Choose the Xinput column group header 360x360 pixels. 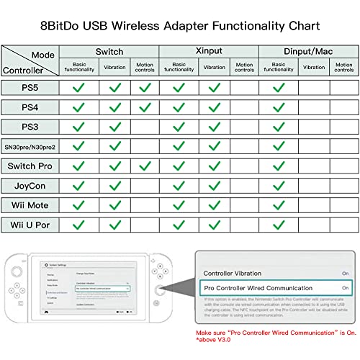tap(209, 52)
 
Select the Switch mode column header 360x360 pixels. tap(109, 52)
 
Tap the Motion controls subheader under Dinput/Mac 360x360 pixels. tap(345, 68)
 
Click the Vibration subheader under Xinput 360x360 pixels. tap(214, 68)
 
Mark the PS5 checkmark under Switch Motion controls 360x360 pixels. tap(145, 88)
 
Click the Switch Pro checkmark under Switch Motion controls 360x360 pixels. tap(145, 166)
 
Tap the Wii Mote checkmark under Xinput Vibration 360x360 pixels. tap(214, 205)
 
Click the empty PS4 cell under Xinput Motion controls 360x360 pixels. tap(244, 107)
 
